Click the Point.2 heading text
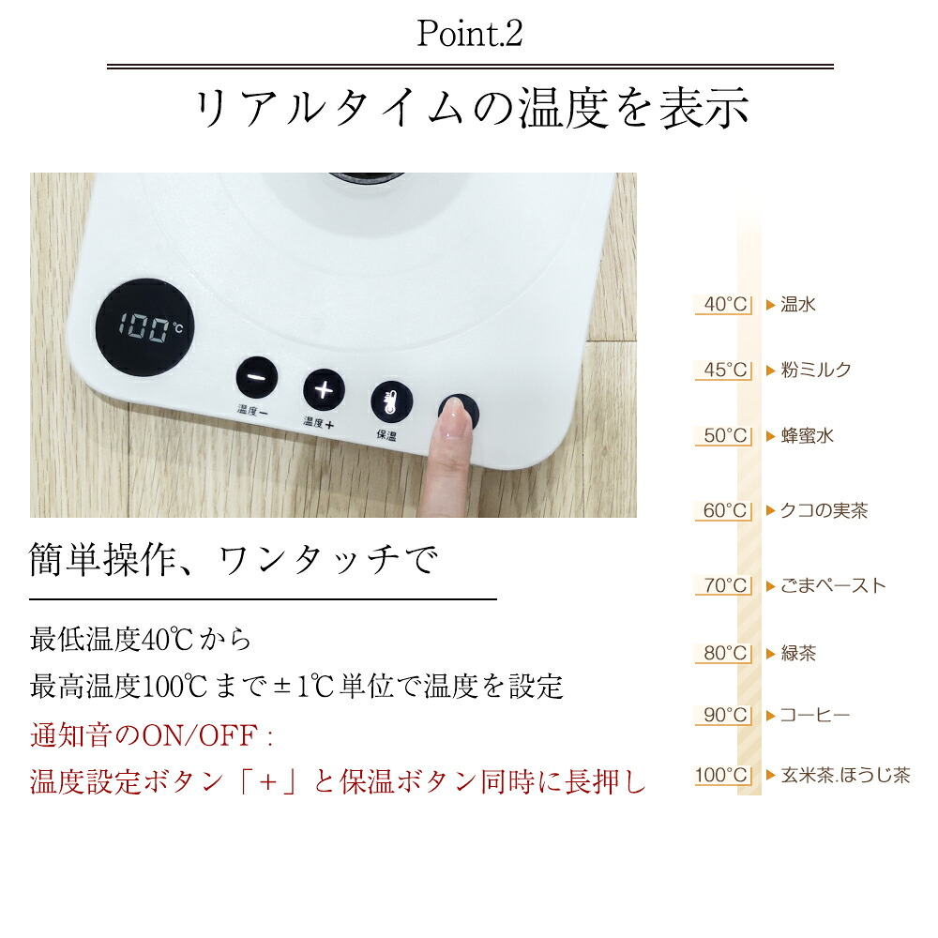470,33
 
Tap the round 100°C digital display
144,327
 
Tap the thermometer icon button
391,401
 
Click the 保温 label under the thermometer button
386,435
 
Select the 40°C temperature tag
723,305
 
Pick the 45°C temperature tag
723,371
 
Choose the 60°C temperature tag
723,511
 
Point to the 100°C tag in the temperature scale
723,776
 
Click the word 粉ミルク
816,371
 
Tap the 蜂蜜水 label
807,436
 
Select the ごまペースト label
833,585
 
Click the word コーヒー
815,716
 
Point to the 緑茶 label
798,653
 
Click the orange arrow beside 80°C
771,653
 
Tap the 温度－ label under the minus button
253,411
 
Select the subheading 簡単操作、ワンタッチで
234,560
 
